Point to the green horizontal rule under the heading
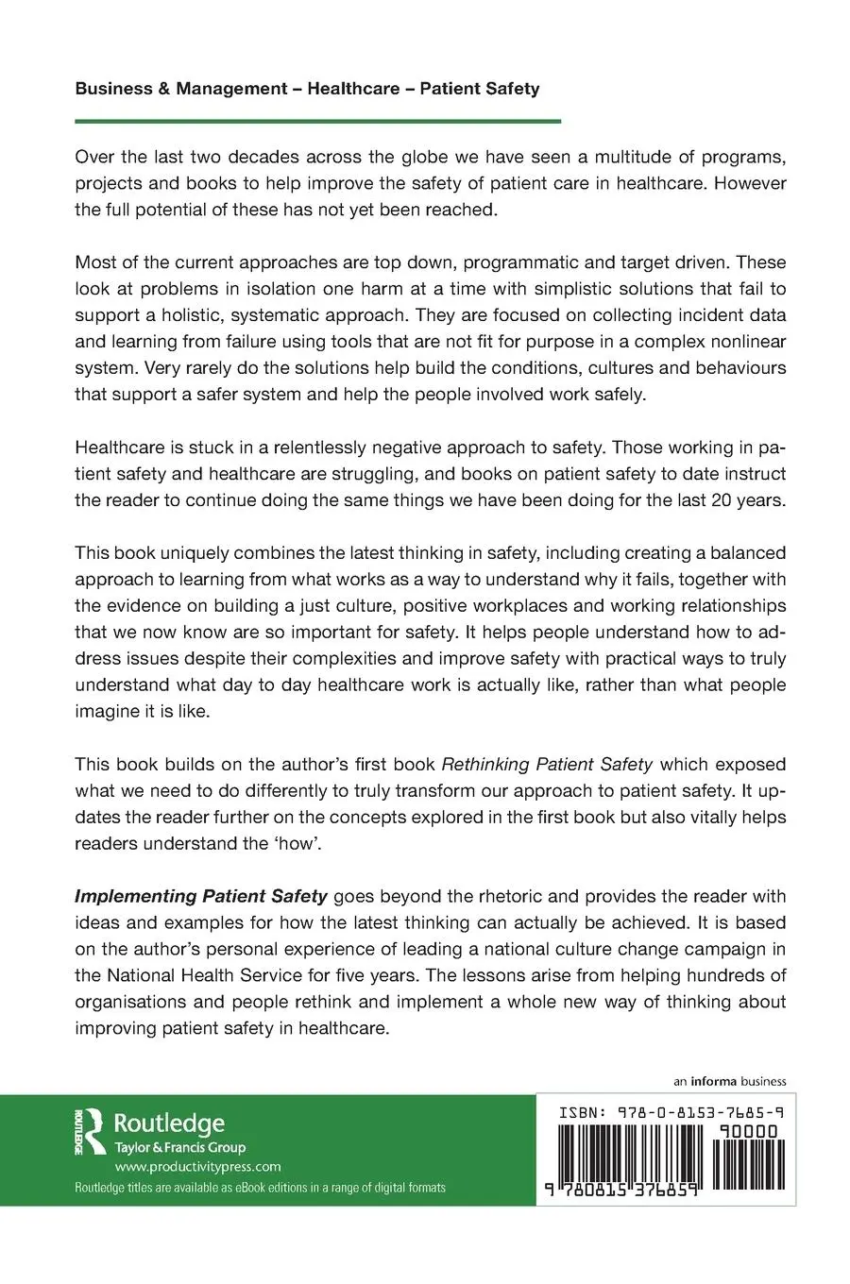point(317,121)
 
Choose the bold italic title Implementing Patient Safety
point(201,896)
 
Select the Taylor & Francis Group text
point(179,1148)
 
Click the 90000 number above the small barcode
point(746,1131)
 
